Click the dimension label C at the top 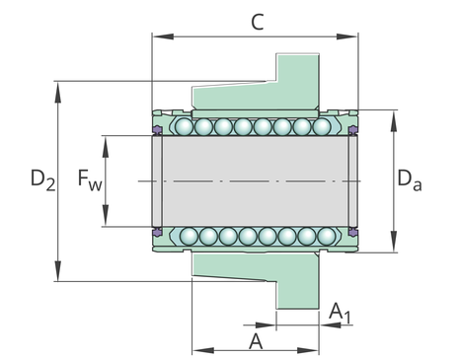click(x=257, y=23)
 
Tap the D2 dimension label click(x=42, y=180)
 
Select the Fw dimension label click(x=90, y=180)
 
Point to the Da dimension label click(x=410, y=180)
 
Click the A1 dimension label click(x=340, y=313)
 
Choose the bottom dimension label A click(x=256, y=341)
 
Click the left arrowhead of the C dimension click(x=163, y=36)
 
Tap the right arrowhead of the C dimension click(x=346, y=36)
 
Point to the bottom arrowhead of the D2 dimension click(x=58, y=270)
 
